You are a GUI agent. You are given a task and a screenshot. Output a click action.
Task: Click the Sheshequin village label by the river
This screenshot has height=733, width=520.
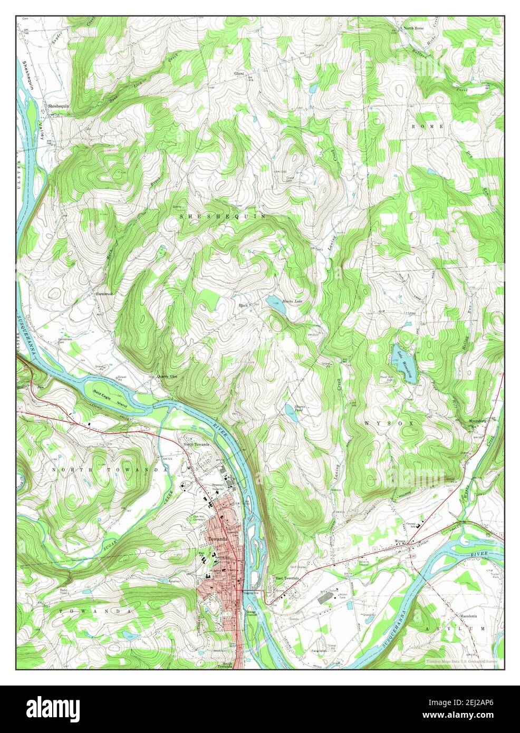(60, 106)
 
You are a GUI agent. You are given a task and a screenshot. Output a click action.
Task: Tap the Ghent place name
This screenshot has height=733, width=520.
(239, 74)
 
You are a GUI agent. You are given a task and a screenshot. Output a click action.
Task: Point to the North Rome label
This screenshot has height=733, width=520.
(413, 27)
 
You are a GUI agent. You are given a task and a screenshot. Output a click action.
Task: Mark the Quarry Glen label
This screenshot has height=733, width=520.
(167, 377)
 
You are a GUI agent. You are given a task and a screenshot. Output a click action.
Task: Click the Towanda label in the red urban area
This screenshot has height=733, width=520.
(217, 539)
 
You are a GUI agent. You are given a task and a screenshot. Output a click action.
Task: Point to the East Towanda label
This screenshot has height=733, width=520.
(288, 578)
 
